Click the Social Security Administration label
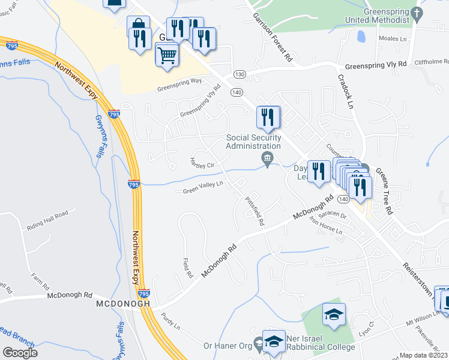click(x=253, y=142)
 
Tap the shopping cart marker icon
click(x=167, y=56)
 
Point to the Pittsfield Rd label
click(x=256, y=211)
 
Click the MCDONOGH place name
click(x=123, y=304)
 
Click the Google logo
click(x=20, y=353)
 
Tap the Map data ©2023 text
click(x=423, y=355)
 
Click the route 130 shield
click(x=240, y=74)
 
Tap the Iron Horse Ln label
click(x=326, y=228)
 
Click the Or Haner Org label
click(x=228, y=345)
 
